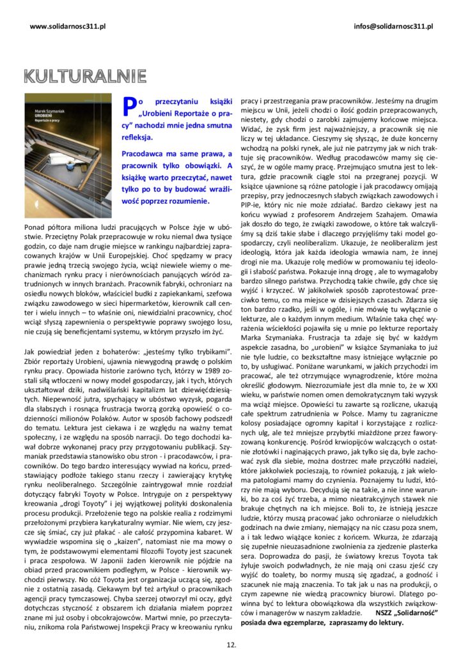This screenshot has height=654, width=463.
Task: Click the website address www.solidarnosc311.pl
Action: click(x=68, y=26)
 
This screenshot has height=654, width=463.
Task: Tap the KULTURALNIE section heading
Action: click(x=84, y=76)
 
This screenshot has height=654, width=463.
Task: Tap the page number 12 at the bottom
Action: click(x=231, y=644)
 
